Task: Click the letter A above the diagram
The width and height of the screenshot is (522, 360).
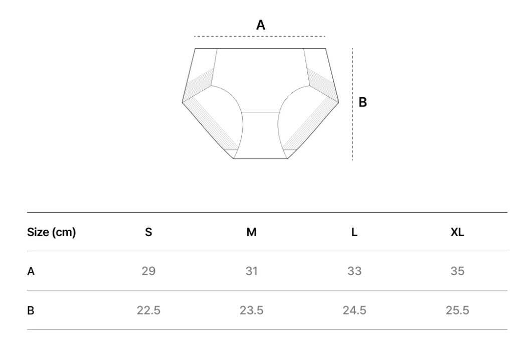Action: tap(261, 25)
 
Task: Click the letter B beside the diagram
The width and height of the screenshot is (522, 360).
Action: tap(363, 102)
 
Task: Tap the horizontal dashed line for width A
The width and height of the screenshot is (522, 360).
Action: tap(260, 36)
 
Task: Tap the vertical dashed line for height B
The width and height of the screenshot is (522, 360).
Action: tap(353, 104)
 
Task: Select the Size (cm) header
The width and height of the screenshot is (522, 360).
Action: tap(51, 232)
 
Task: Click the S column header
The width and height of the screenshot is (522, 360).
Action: tap(148, 232)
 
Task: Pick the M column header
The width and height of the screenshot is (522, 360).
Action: tap(251, 232)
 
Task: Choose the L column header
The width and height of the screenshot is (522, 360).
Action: tap(354, 232)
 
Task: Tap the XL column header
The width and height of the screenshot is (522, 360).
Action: tap(457, 232)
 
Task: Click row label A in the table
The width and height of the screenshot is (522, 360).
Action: tap(31, 271)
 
